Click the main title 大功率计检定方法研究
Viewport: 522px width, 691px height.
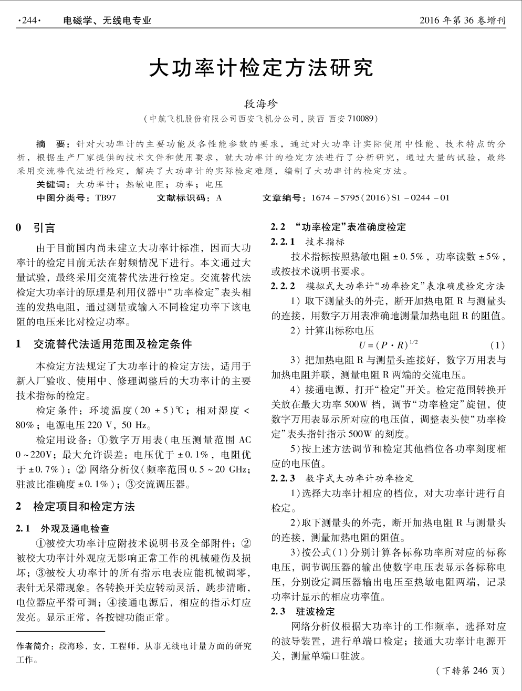pyautogui.click(x=261, y=68)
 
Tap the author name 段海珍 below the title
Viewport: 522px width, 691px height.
pyautogui.click(x=261, y=103)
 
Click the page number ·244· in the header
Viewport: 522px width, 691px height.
pyautogui.click(x=29, y=21)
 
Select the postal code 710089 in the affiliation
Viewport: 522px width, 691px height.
pyautogui.click(x=359, y=119)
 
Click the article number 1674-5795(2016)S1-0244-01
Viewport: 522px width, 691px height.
pyautogui.click(x=380, y=198)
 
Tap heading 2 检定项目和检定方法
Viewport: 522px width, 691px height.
pyautogui.click(x=76, y=506)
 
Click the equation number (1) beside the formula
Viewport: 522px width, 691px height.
pyautogui.click(x=497, y=345)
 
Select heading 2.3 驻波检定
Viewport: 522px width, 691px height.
pyautogui.click(x=302, y=612)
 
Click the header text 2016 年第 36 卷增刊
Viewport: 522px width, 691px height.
pyautogui.click(x=463, y=21)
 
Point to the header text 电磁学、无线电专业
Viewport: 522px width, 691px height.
pyautogui.click(x=107, y=21)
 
